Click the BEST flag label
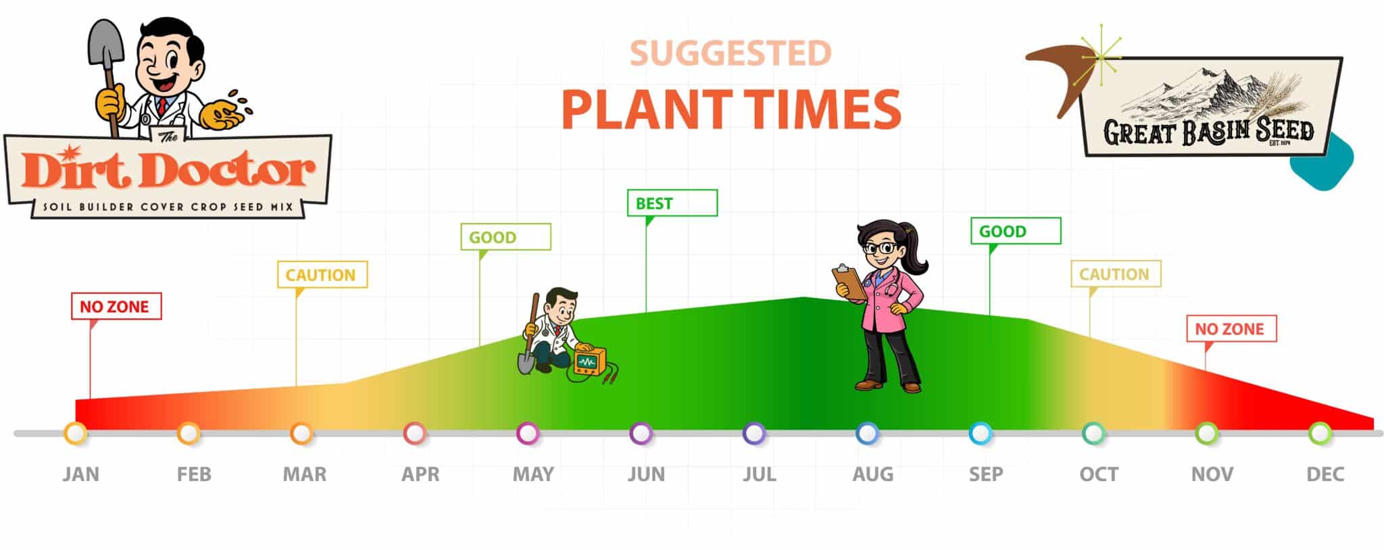pos(672,203)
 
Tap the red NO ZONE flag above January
pos(116,306)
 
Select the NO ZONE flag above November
pos(1231,328)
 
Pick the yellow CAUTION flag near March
pos(322,274)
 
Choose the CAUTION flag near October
pos(1116,274)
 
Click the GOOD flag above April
pos(505,236)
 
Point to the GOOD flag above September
pos(1016,230)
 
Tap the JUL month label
pos(760,474)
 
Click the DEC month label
pos(1325,474)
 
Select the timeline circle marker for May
pos(527,433)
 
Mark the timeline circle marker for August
pos(867,433)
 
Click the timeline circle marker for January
pos(75,433)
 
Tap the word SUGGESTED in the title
pos(731,54)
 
